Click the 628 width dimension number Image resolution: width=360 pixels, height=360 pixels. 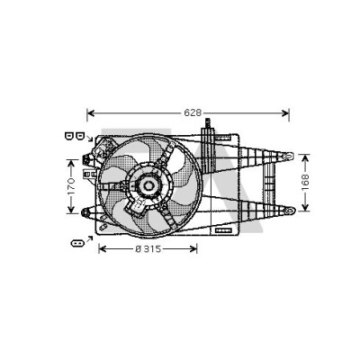[193, 112]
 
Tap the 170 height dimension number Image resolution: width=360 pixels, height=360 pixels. [71, 186]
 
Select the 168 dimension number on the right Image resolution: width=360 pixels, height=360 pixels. [305, 182]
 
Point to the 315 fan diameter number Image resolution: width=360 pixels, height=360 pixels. [152, 248]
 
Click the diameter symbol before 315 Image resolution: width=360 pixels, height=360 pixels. [138, 248]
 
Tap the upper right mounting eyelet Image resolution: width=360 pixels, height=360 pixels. [288, 156]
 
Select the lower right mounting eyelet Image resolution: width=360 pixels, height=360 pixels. [290, 211]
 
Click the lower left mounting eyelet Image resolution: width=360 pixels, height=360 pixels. [85, 212]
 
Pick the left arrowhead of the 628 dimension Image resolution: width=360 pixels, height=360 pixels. [91, 113]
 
